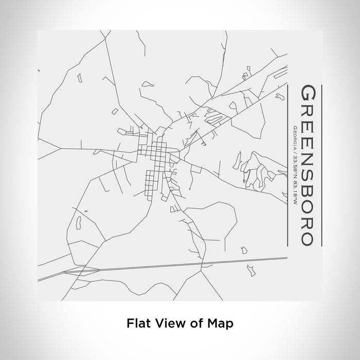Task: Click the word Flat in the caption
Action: pyautogui.click(x=138, y=323)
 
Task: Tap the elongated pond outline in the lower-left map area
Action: pyautogui.click(x=80, y=223)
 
